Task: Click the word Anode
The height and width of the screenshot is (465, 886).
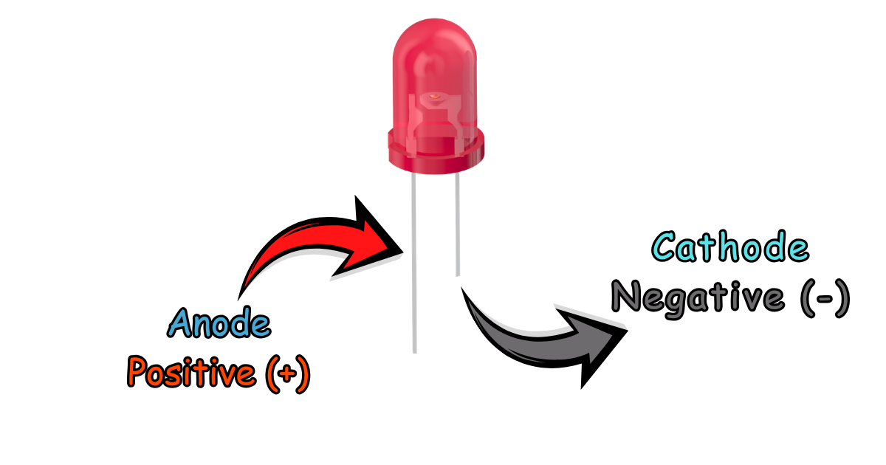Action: pyautogui.click(x=219, y=323)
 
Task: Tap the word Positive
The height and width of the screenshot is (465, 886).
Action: pyautogui.click(x=191, y=372)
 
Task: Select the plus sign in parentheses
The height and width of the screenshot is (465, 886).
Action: pyautogui.click(x=286, y=373)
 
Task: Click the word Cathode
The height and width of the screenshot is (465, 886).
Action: pyautogui.click(x=730, y=247)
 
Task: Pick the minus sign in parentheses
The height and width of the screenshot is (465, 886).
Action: pyautogui.click(x=825, y=298)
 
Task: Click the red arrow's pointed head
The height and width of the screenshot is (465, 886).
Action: pyautogui.click(x=402, y=251)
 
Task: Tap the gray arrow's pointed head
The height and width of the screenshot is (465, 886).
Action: pyautogui.click(x=627, y=331)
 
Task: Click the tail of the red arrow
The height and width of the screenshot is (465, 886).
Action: pyautogui.click(x=239, y=299)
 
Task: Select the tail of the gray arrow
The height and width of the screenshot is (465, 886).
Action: pyautogui.click(x=462, y=288)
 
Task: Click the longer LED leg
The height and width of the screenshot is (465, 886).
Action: pyautogui.click(x=413, y=263)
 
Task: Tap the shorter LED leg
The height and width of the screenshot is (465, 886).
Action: pyautogui.click(x=457, y=224)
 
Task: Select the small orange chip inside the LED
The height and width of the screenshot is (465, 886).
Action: pyautogui.click(x=434, y=96)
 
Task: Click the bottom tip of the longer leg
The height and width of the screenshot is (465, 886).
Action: pyautogui.click(x=414, y=353)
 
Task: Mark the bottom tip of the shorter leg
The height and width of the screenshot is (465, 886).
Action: pyautogui.click(x=458, y=275)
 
